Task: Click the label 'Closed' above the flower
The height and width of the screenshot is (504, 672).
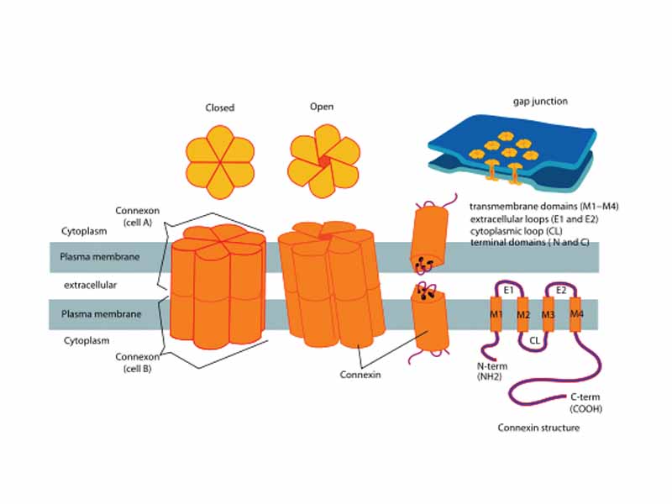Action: click(x=220, y=108)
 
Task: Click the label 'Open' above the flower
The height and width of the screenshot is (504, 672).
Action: click(x=322, y=107)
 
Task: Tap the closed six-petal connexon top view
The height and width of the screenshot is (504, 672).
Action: click(x=220, y=164)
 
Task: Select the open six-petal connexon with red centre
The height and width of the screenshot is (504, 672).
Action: click(x=323, y=162)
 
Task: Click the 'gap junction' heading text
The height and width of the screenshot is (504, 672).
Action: click(x=540, y=101)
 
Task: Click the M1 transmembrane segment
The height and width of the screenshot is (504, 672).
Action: click(x=496, y=314)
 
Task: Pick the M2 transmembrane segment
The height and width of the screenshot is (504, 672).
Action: click(x=522, y=314)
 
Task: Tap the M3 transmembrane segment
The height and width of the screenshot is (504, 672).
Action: click(x=549, y=314)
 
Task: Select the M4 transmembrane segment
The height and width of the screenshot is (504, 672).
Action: click(x=576, y=313)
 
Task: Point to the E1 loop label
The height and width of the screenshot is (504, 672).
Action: click(x=508, y=289)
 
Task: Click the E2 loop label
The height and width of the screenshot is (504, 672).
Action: click(x=562, y=289)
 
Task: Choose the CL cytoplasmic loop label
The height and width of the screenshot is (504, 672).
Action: click(x=535, y=340)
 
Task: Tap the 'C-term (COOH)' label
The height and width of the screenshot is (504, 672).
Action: click(x=586, y=402)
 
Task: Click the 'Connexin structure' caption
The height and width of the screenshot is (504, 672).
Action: click(x=538, y=428)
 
